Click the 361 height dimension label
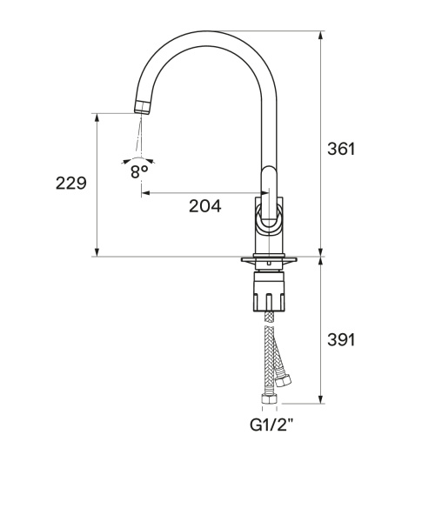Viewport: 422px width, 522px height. pos(341,149)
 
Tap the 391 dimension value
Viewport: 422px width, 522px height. pos(341,340)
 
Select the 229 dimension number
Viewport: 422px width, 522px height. pos(71,183)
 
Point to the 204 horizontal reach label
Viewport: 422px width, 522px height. pos(204,206)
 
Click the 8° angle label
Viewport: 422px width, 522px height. pos(139,171)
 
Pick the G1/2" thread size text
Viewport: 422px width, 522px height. pos(272,425)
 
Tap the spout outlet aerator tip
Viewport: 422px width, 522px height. pos(143,107)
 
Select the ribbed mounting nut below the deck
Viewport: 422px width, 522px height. pos(270,291)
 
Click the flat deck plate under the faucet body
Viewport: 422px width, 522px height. pos(269,259)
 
